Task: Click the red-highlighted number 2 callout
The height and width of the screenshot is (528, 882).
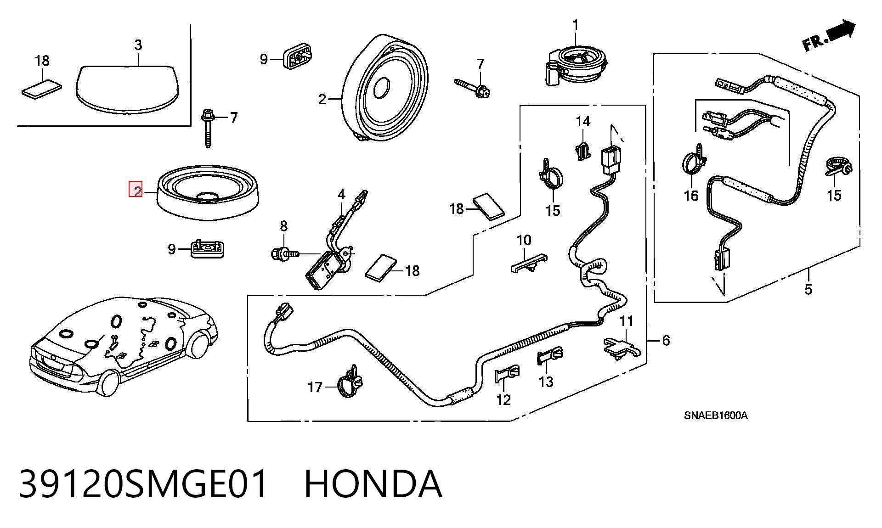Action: click(x=136, y=190)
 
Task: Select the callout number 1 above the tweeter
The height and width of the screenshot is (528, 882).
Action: click(x=576, y=25)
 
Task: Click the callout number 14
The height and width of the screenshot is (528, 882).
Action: click(x=583, y=121)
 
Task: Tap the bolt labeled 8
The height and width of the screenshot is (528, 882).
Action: click(x=285, y=253)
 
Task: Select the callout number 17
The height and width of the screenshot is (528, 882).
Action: click(x=315, y=388)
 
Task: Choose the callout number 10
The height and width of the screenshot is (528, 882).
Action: click(x=524, y=240)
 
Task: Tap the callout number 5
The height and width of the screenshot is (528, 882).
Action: click(x=808, y=290)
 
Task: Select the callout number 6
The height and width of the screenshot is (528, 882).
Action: click(x=666, y=340)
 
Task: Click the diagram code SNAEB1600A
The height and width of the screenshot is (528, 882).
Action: click(x=716, y=416)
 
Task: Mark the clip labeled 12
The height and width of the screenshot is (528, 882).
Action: click(x=506, y=375)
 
